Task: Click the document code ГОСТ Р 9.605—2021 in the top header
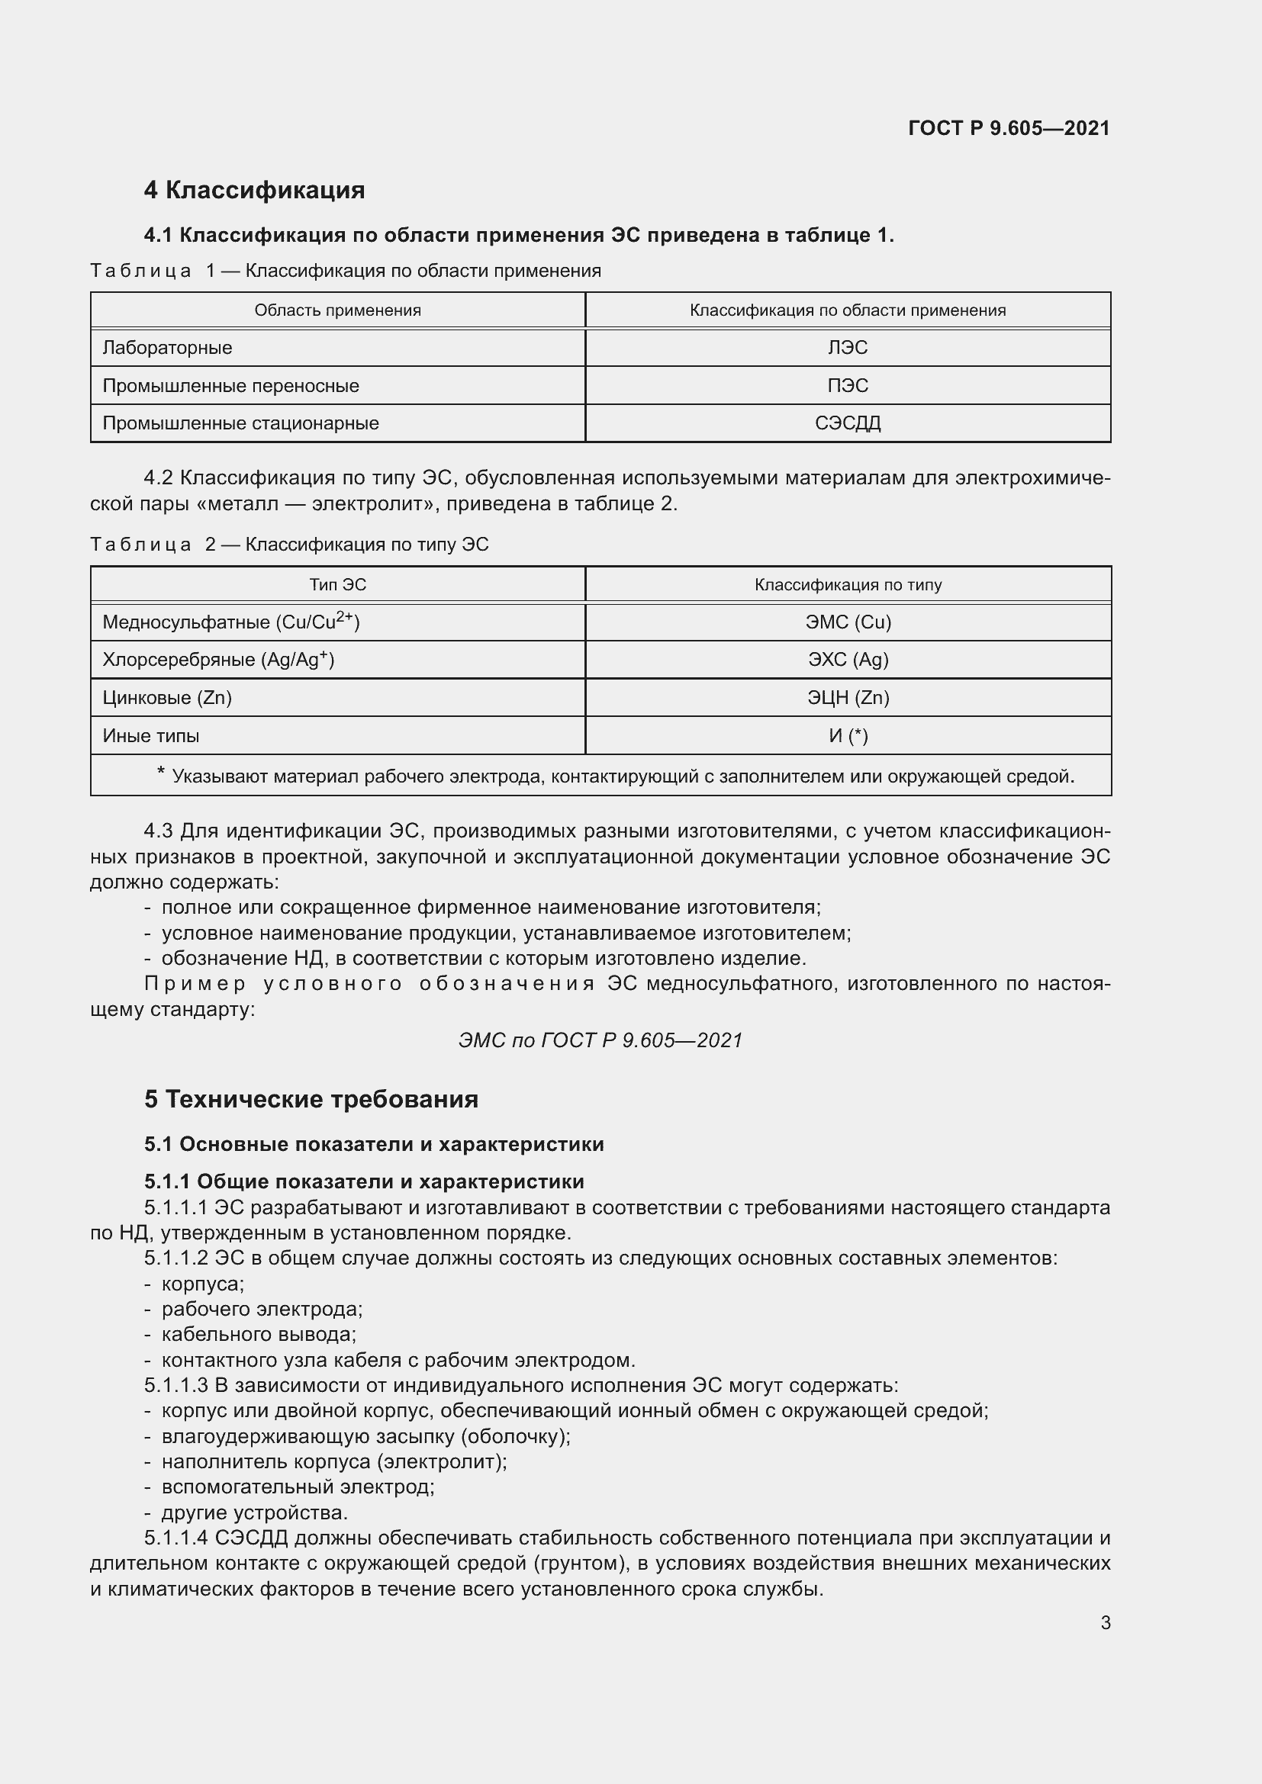click(1008, 128)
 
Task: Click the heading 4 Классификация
click(254, 190)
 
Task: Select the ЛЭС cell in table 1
click(847, 347)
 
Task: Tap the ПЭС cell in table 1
click(847, 385)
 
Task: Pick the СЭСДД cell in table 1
click(847, 423)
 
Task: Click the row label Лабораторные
click(167, 347)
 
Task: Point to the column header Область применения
click(337, 310)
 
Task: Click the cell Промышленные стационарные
click(241, 423)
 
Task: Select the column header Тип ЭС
click(337, 584)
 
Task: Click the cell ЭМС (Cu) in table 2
click(847, 622)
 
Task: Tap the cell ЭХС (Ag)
click(847, 660)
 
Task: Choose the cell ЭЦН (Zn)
click(847, 697)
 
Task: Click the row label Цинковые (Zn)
click(167, 697)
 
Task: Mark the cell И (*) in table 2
click(847, 735)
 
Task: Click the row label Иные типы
click(151, 735)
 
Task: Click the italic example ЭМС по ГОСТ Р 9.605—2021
click(600, 1040)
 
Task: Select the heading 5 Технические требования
click(311, 1098)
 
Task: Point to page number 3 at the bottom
click(1105, 1622)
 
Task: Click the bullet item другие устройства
click(254, 1512)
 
